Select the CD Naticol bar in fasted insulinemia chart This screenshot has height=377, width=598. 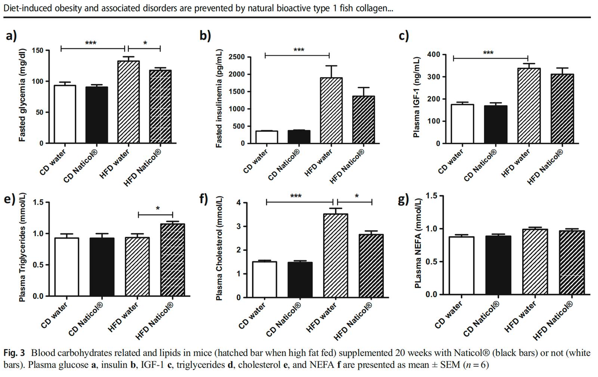point(299,137)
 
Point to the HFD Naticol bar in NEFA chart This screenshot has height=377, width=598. point(571,262)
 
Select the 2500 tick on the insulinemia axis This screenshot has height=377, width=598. point(237,57)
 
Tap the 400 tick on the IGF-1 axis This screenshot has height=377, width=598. point(434,55)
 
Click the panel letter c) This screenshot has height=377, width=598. point(404,36)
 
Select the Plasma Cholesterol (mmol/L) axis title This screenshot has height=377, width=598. point(219,248)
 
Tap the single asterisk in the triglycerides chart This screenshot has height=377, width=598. point(158,208)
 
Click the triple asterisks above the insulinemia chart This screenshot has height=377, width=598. point(299,50)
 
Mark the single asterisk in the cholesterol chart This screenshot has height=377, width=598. point(357,196)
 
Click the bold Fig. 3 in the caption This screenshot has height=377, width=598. point(14,353)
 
